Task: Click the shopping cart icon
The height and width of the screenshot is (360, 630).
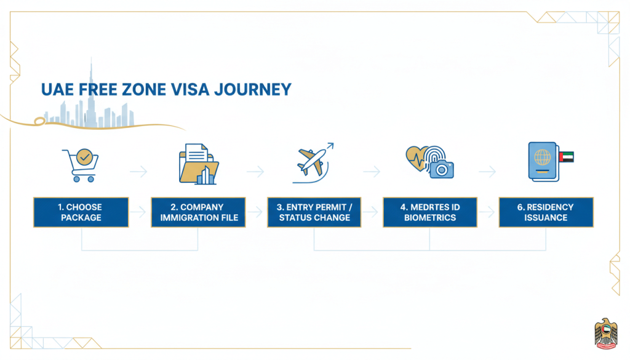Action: point(81,164)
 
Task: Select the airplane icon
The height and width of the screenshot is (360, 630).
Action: point(312,162)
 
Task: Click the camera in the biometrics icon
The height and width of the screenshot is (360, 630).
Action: point(441,168)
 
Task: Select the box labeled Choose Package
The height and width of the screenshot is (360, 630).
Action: point(81,212)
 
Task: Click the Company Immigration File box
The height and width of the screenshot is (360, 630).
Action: point(198,212)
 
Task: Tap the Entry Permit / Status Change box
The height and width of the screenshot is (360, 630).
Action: point(314,212)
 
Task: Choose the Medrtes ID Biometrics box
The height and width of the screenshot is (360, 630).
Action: point(430,212)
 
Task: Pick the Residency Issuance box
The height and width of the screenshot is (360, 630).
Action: point(546,212)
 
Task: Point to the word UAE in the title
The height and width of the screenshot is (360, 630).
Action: point(56,90)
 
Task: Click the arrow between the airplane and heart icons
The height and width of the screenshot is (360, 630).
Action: point(371,172)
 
